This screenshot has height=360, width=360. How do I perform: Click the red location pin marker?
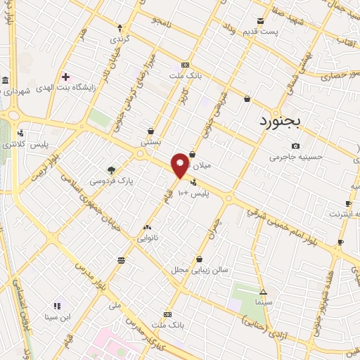click(181, 165)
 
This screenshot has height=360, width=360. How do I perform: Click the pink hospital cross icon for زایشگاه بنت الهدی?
click(65, 77)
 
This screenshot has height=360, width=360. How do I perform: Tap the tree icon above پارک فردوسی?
click(110, 169)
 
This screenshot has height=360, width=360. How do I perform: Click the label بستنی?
click(150, 141)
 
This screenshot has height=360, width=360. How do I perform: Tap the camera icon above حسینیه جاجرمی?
click(295, 146)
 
